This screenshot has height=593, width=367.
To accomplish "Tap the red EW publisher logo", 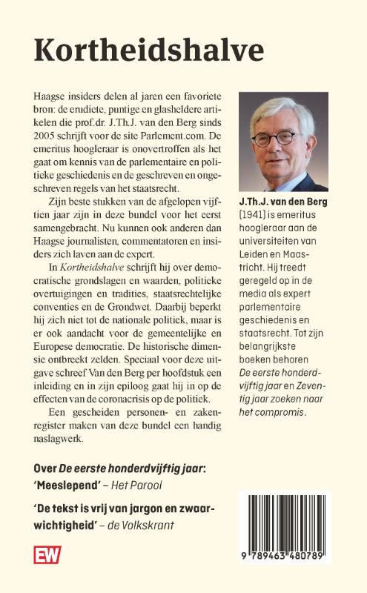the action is coord(47,554).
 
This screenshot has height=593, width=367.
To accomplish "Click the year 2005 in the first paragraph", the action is coord(49,137).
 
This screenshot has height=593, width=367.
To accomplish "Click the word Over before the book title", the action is coord(45,468).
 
